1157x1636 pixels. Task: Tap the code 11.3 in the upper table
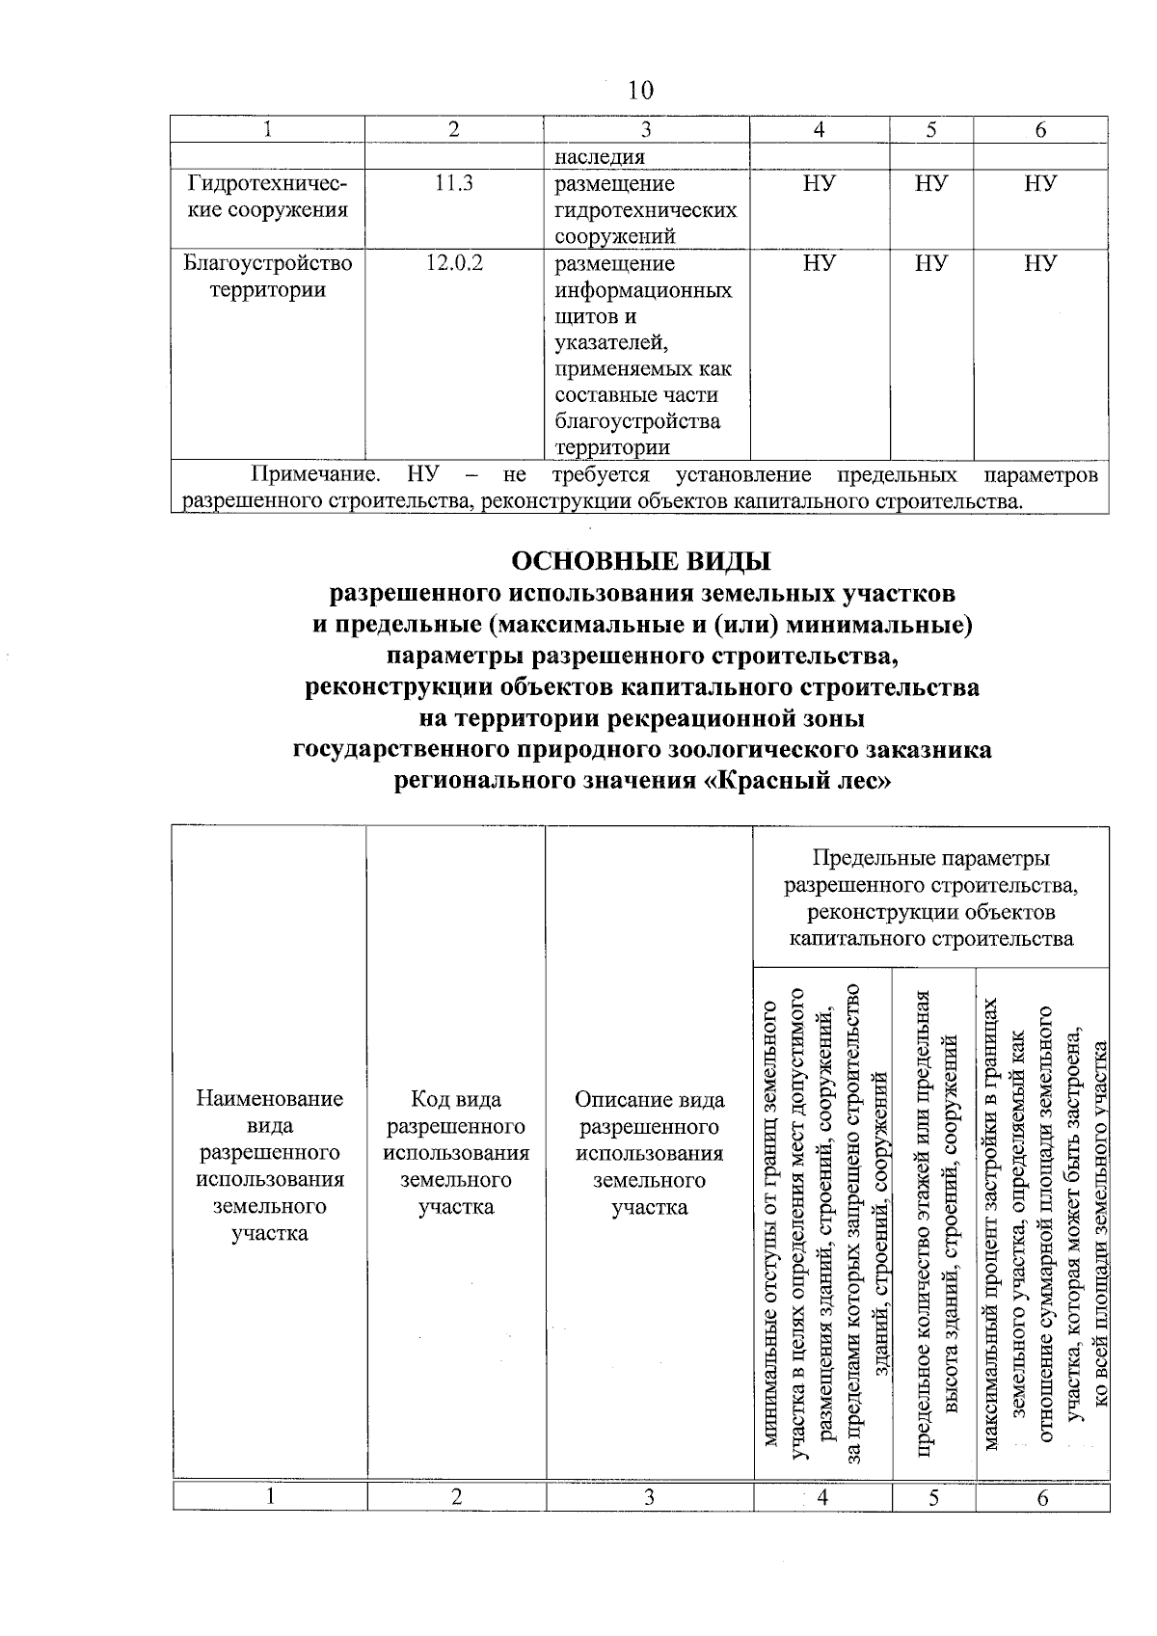point(453,183)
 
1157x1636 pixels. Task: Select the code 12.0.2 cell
point(453,263)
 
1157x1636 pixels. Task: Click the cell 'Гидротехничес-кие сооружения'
point(267,197)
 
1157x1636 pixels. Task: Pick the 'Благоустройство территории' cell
point(267,277)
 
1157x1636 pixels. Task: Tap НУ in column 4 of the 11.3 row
point(819,183)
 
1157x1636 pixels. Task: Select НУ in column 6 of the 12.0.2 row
point(1040,263)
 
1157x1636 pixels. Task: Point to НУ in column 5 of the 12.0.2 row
point(931,263)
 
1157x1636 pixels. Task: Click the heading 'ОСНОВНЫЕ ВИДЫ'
point(640,560)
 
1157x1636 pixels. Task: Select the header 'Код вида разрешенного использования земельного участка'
point(455,1153)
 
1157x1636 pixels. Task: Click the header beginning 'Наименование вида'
point(269,1167)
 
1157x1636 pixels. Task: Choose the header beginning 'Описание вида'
point(649,1153)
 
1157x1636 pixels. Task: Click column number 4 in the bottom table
point(822,1497)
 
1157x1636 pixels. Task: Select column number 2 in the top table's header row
point(453,130)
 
